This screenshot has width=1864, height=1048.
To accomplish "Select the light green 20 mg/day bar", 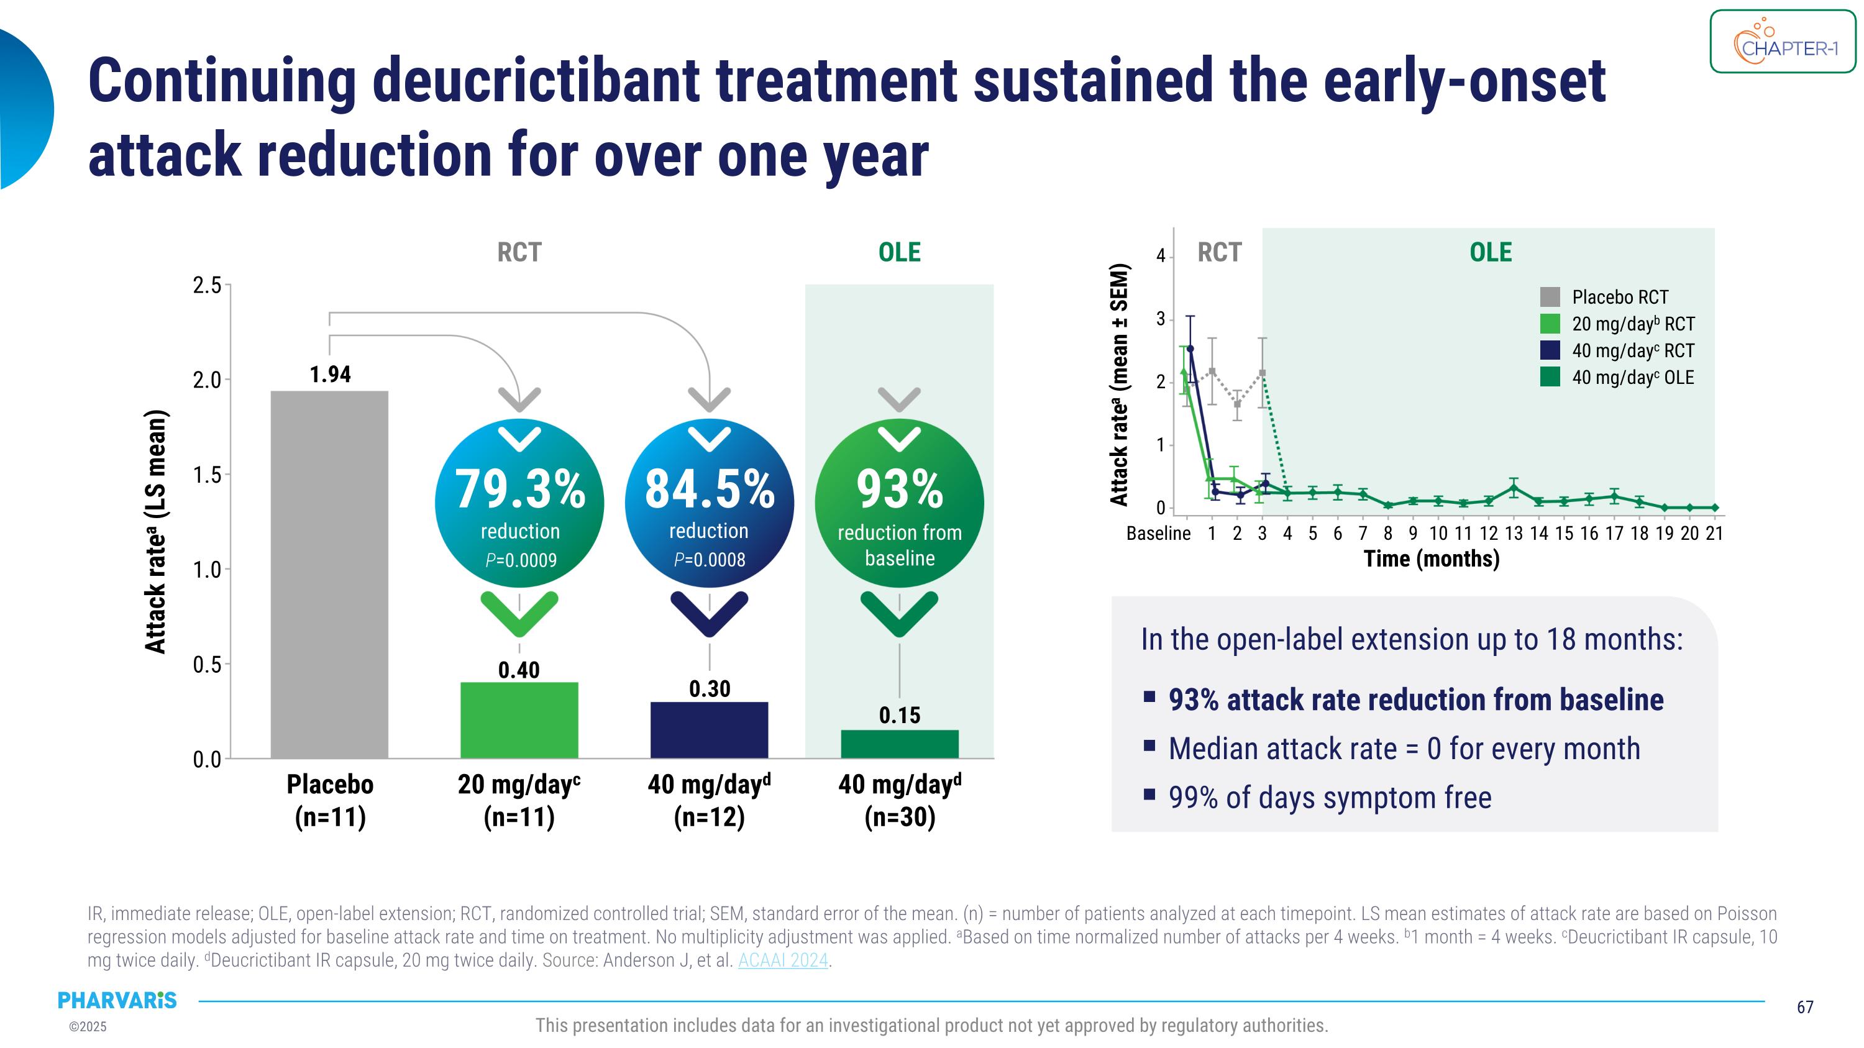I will (x=519, y=719).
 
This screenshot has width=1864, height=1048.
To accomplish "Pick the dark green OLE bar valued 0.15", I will (x=900, y=744).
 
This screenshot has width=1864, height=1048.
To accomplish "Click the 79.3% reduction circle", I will (x=519, y=503).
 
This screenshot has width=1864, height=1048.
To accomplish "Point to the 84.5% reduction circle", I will (x=709, y=503).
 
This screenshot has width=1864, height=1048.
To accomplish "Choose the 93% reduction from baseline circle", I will (x=900, y=503).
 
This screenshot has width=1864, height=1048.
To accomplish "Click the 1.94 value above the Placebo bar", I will (x=330, y=375).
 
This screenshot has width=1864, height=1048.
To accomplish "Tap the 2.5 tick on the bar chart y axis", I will (x=207, y=286).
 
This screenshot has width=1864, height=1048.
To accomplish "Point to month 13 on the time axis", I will (x=1514, y=534).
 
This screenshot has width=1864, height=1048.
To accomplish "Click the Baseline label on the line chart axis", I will (x=1158, y=534).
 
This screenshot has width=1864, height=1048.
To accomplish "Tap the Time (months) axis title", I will (x=1432, y=559).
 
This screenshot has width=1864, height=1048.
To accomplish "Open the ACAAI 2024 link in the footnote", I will (x=783, y=960).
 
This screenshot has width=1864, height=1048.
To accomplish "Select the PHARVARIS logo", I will (x=117, y=1000).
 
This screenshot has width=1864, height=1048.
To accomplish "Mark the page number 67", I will (x=1805, y=1007).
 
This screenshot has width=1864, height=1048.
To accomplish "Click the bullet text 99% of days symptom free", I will (x=1330, y=798).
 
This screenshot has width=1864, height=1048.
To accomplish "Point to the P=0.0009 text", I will (x=521, y=560).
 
